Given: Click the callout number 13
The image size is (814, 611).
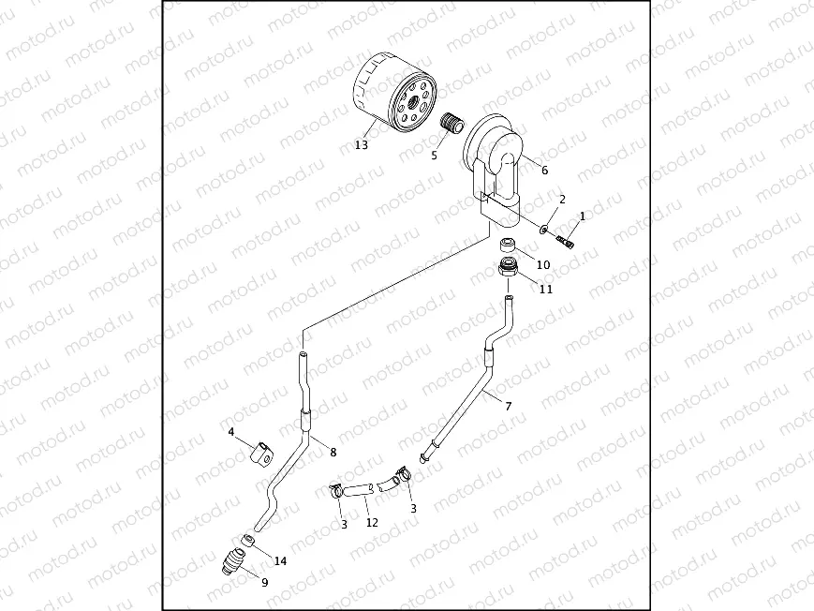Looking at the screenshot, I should pos(362,145).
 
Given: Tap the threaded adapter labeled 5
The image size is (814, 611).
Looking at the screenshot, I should pos(453,125).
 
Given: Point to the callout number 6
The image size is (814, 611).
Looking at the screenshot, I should pos(544,170).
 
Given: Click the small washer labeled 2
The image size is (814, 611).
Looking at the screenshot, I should pos(544,228).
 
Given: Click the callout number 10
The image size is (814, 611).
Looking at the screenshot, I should pos(543,264).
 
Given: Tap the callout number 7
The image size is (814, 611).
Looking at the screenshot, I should pos(508,406).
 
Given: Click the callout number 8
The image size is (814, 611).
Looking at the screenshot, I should pos(333,452).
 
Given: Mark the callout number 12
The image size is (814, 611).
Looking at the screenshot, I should pos(372,522).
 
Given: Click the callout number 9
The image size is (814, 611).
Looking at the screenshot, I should pos(264,582).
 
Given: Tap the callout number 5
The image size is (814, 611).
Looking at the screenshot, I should pos(434,156).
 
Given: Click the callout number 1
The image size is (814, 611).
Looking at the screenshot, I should pos(582,216).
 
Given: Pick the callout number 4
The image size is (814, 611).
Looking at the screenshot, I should pos(230,432).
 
